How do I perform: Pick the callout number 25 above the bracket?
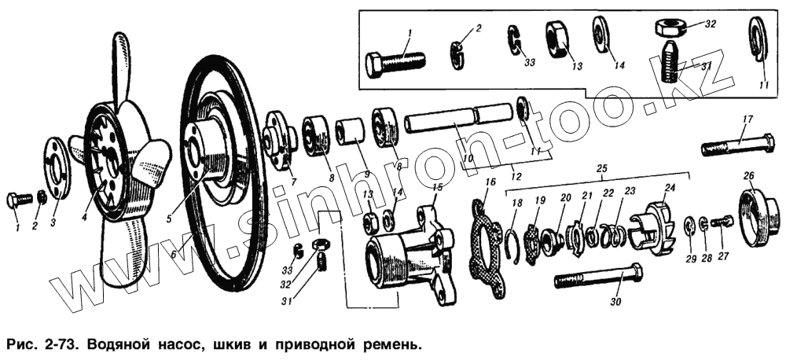[602, 170]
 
